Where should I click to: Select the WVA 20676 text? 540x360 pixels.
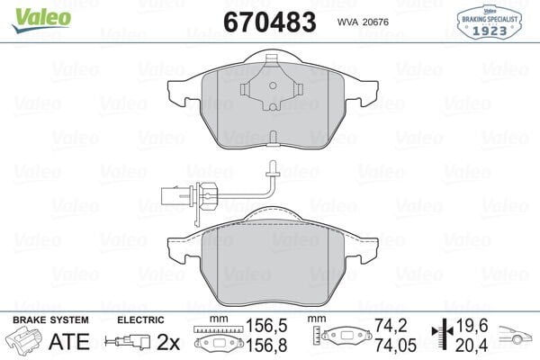pos(363,21)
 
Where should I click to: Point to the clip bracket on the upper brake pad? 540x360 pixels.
pos(271,91)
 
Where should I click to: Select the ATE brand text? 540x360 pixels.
pos(67,342)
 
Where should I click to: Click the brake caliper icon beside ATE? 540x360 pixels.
pos(24,342)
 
